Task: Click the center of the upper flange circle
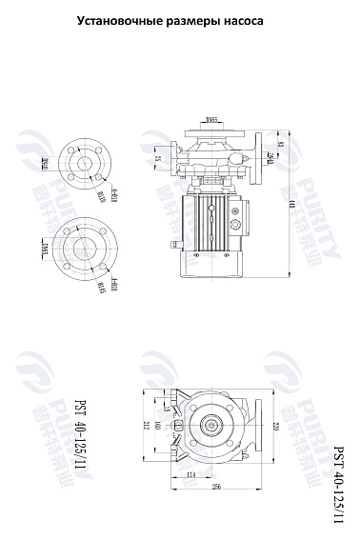86,164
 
